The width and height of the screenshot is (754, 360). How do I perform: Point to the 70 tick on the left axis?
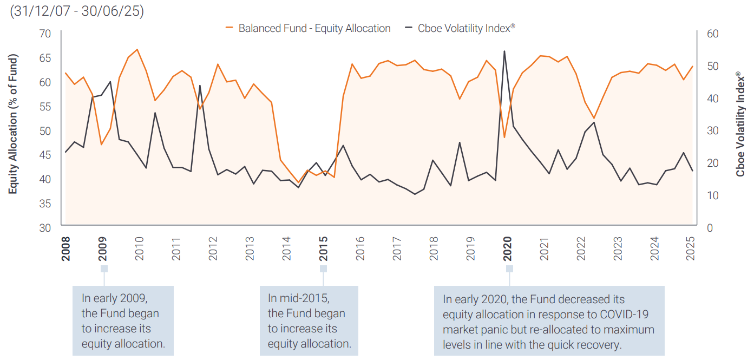point(45,34)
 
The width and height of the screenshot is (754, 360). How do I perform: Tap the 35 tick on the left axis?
point(45,204)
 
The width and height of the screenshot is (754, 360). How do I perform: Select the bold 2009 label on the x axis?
point(103,248)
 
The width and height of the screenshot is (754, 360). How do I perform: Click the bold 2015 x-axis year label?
point(324,248)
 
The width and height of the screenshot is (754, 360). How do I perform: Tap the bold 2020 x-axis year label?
point(508,248)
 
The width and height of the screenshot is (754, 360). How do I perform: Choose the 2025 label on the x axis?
point(690,248)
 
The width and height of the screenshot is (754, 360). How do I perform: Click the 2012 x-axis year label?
point(213,248)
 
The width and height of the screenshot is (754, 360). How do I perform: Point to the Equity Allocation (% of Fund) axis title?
point(13,124)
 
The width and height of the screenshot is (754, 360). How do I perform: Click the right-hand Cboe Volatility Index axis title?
point(740,124)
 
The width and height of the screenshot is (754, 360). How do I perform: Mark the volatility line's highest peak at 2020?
point(504,51)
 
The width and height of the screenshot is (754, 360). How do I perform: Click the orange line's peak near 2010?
point(137,50)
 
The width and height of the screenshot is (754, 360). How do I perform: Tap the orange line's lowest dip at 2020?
point(504,137)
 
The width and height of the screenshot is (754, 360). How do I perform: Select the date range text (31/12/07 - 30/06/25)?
point(77,11)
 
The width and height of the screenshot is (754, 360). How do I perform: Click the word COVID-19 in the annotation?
point(623,315)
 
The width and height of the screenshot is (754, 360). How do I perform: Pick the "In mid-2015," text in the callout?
point(298,298)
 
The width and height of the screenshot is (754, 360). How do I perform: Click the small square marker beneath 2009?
point(104,269)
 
